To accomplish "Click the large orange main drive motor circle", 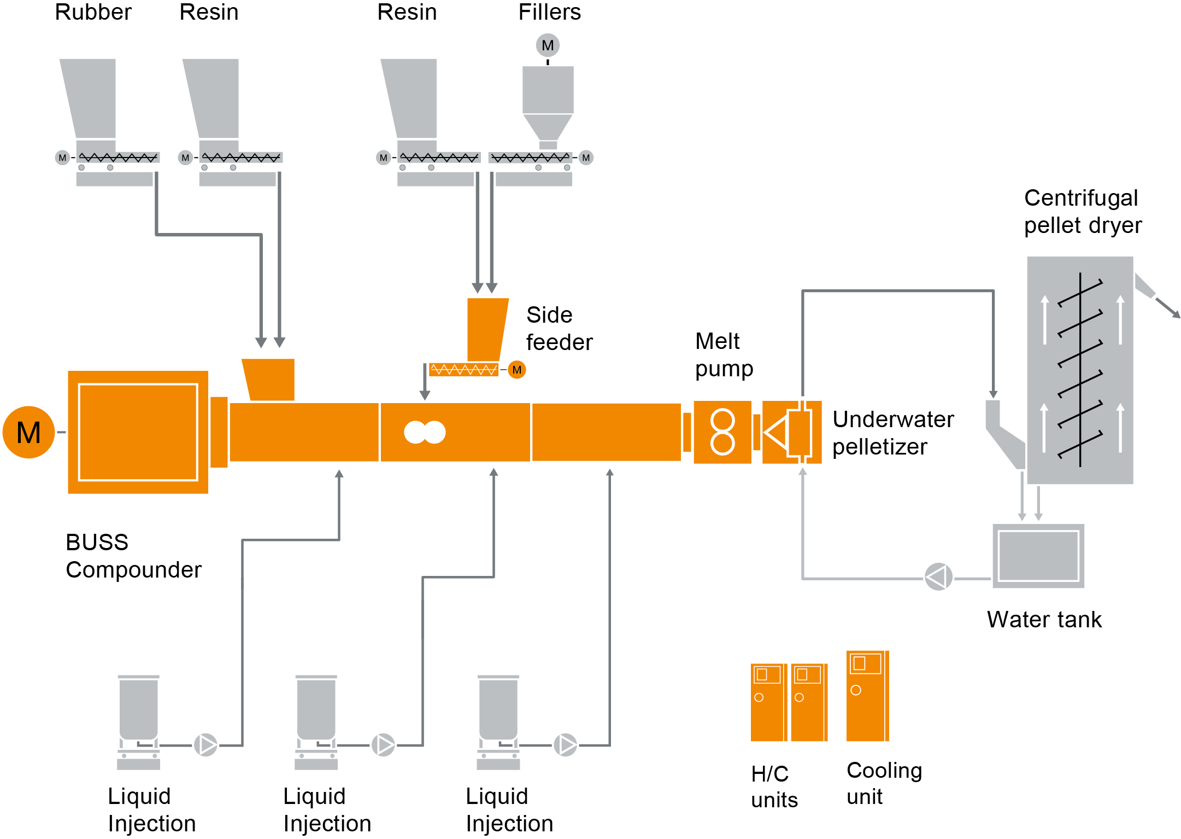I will point(28,432).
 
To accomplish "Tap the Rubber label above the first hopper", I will point(93,12).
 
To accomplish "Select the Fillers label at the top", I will point(549,12).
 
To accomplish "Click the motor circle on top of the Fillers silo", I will point(548,45).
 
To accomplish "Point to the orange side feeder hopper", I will point(486,328).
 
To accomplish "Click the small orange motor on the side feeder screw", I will point(516,370).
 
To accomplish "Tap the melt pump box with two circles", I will point(722,432).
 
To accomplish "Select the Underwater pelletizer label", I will point(892,433).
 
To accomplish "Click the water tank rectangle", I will point(1038,556).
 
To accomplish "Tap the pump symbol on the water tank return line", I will point(938,577).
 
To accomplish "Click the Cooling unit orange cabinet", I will point(867,696).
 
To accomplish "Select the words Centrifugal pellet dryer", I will point(1082,212).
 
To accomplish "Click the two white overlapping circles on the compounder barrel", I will point(425,432).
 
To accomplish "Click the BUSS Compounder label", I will point(133,556).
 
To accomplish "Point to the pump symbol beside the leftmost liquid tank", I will point(206,745).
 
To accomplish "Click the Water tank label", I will point(1044,620).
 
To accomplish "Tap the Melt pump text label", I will point(724,355).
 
